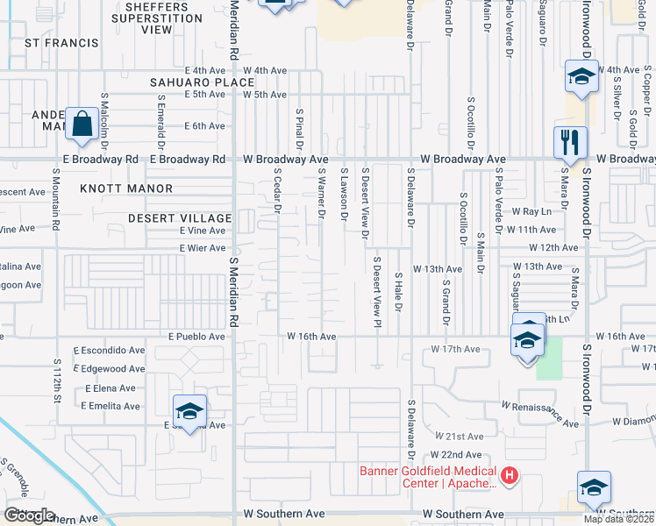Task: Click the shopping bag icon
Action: [x=82, y=125]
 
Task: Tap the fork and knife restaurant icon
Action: [x=569, y=142]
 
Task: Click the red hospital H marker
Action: [x=510, y=476]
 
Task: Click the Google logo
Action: [x=29, y=515]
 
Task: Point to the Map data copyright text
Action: [x=618, y=519]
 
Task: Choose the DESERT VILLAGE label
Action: [x=179, y=217]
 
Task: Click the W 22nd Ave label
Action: [x=456, y=455]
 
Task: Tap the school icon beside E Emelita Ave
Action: [x=189, y=412]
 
